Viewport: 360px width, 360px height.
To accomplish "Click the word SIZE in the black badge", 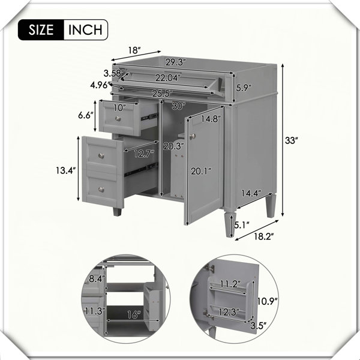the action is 41,30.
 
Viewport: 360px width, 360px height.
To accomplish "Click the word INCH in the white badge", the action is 85,30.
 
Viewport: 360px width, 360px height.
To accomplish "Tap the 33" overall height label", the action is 292,140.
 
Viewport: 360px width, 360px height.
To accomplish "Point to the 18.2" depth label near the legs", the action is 264,236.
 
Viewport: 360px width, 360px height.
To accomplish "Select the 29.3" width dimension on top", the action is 176,62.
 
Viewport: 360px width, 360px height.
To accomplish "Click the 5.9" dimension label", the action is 244,88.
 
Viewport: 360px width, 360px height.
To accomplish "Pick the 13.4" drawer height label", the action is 66,170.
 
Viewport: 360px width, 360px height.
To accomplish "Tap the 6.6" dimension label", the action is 86,115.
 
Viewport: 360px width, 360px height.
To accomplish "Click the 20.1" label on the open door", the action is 201,171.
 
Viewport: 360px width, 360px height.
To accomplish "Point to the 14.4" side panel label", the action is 251,193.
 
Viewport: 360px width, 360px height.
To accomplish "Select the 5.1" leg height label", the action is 242,225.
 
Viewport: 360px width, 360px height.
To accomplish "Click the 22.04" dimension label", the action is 167,78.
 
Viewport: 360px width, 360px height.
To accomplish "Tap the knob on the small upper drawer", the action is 118,118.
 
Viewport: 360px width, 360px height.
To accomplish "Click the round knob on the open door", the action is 193,136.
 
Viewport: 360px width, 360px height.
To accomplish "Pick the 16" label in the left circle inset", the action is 134,314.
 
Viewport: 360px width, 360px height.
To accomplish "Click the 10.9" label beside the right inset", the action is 267,301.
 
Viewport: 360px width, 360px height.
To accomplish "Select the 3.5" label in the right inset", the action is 258,326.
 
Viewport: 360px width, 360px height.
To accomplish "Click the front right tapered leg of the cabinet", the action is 230,224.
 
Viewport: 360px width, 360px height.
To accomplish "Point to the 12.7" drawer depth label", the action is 144,154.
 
